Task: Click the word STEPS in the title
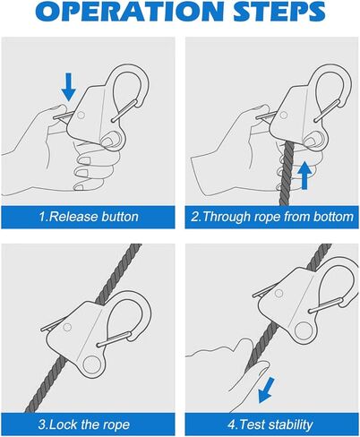coord(279,11)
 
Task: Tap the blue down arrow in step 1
coord(69,87)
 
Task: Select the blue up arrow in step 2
coord(304,175)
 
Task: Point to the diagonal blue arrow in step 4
coord(266,390)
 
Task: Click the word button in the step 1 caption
coord(120,217)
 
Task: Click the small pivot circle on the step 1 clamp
coord(81,115)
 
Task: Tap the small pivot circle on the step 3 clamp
coord(67,328)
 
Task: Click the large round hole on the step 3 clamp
coord(92,365)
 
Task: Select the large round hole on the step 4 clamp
coord(304,331)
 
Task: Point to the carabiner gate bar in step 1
coord(124,111)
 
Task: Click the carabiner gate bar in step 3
coord(115,339)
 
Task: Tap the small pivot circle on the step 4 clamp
coord(279,294)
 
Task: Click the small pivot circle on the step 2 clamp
coord(283,115)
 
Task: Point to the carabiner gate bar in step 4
coord(326,305)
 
